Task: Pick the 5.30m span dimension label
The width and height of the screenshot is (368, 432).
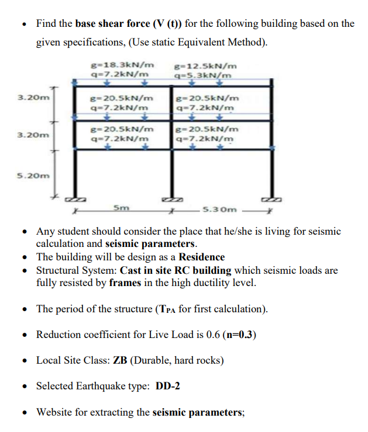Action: [x=219, y=209]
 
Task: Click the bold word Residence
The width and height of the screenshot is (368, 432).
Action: [x=202, y=257]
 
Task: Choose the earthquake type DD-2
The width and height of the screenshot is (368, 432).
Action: [x=170, y=386]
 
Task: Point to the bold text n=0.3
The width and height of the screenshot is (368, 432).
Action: [x=239, y=335]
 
